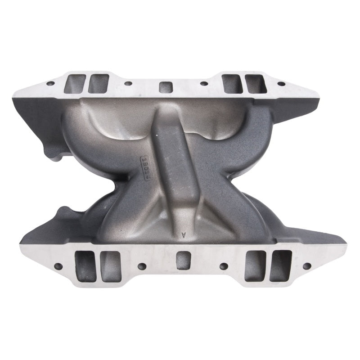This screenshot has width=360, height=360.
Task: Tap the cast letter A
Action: pyautogui.click(x=183, y=234)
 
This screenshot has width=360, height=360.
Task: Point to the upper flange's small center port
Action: pyautogui.click(x=166, y=87)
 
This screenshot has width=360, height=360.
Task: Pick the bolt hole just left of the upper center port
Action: pyautogui.click(x=128, y=84)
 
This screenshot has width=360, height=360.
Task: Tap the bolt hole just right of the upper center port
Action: pyautogui.click(x=204, y=84)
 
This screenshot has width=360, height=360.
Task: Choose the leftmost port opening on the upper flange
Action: pyautogui.click(x=74, y=83)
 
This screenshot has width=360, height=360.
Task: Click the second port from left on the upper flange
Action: pyautogui.click(x=98, y=84)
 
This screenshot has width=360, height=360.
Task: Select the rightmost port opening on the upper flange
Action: pyautogui.click(x=255, y=84)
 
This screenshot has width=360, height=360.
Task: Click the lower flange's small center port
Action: pyautogui.click(x=183, y=260)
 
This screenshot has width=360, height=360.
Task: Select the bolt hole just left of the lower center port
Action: pyautogui.click(x=141, y=266)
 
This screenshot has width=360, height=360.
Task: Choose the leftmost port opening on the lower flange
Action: pyautogui.click(x=85, y=265)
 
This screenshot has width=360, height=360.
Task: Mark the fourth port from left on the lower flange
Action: pyautogui.click(x=255, y=265)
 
